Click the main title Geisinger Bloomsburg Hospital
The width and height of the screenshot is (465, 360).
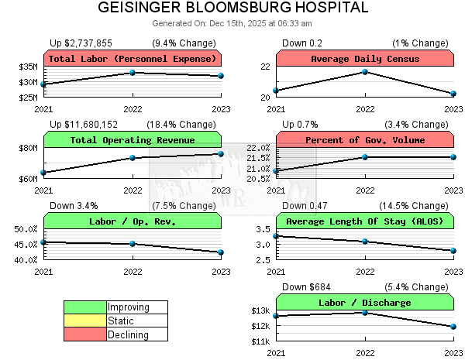(232, 9)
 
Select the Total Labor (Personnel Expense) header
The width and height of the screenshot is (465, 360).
(133, 59)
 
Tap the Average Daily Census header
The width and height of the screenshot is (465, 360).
(365, 59)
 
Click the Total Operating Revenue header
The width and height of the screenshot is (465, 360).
(133, 140)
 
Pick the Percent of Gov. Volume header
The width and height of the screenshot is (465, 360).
(365, 140)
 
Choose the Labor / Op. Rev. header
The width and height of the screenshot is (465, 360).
(133, 221)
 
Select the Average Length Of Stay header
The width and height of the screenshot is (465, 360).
(365, 221)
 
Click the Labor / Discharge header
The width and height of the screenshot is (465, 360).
(365, 303)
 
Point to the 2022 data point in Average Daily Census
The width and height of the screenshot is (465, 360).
(365, 72)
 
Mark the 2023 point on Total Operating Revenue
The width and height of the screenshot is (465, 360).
(221, 154)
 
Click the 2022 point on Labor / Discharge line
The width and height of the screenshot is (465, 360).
(365, 312)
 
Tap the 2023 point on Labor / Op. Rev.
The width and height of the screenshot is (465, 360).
(221, 252)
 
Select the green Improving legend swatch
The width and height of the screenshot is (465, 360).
(84, 307)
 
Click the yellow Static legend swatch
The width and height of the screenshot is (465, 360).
(84, 321)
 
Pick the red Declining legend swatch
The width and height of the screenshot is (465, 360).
(84, 334)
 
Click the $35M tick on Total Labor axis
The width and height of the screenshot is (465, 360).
(28, 68)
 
